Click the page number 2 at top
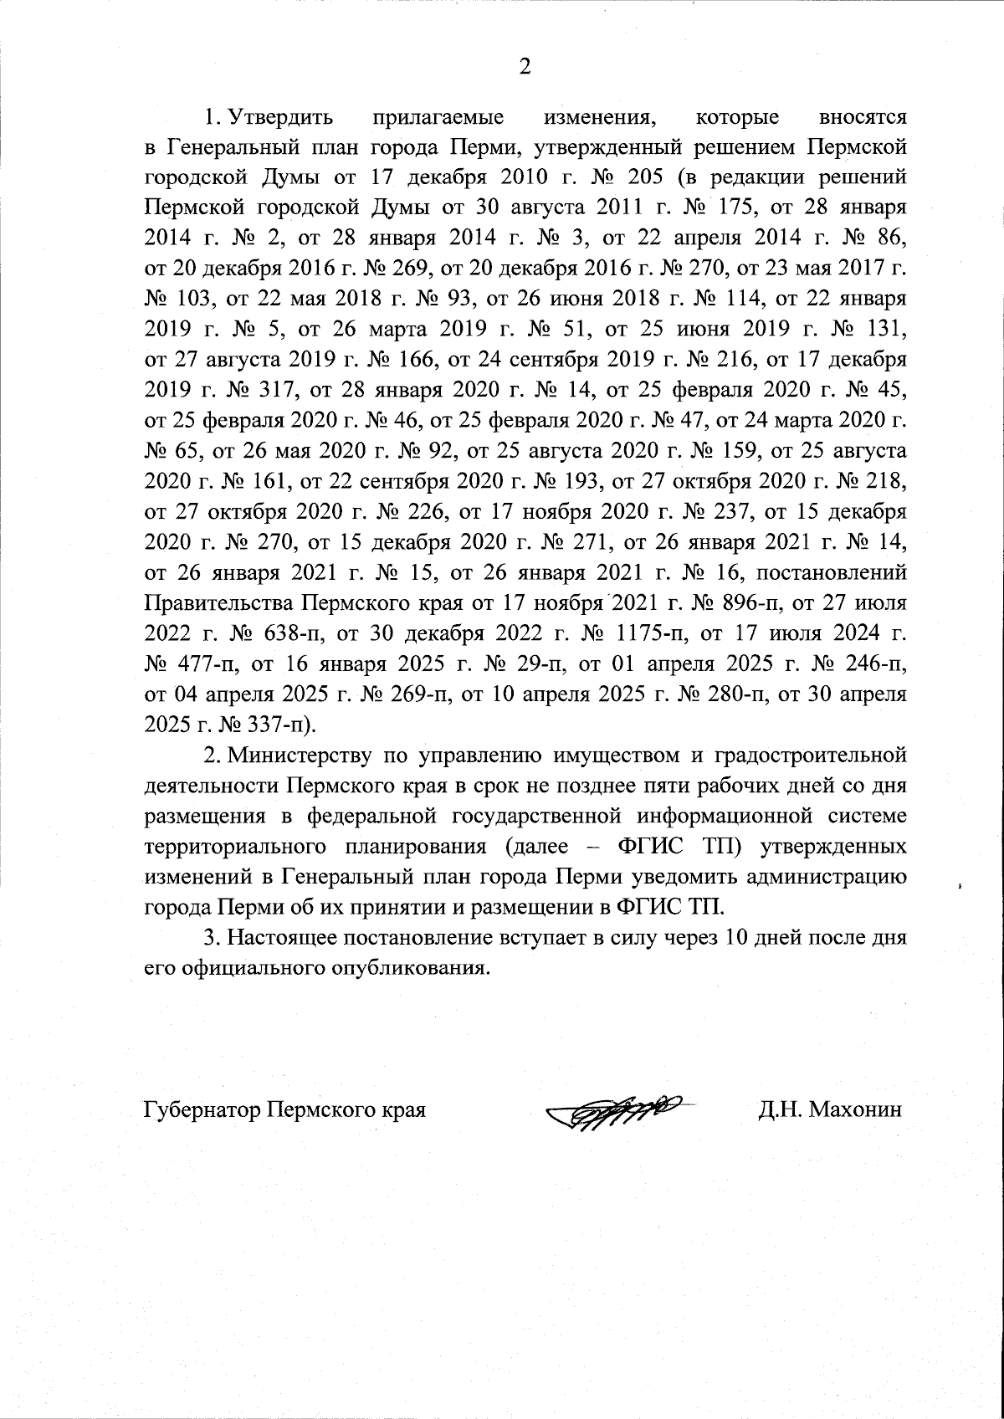pos(525,68)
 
